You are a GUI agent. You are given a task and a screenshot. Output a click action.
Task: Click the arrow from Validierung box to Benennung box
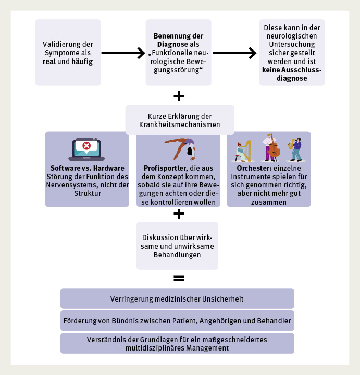pos(122,53)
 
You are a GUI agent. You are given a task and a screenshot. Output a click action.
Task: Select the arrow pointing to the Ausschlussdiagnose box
pos(234,53)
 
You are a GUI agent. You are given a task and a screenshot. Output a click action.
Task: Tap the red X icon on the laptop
pos(86,146)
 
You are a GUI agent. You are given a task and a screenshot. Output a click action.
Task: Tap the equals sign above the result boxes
pos(179,278)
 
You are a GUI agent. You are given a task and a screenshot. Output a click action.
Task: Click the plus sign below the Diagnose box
pos(179,96)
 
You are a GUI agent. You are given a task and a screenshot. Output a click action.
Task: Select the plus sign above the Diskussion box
pos(179,214)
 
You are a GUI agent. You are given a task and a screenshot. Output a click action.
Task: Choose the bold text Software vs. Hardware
pos(87,169)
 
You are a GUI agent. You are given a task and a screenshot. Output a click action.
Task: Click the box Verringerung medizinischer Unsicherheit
pos(177,298)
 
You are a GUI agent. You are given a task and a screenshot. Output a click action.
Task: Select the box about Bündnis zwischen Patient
pos(177,321)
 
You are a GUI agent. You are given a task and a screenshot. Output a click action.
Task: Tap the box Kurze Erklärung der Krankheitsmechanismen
pos(180,120)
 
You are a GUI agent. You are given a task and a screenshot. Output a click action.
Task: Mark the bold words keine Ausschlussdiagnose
pos(292,74)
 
